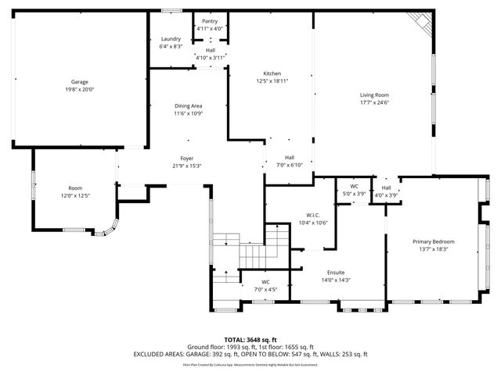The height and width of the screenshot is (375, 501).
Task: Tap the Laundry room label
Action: tap(171, 39)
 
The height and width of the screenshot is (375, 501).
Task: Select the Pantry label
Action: tap(210, 21)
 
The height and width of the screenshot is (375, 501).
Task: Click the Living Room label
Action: tap(374, 95)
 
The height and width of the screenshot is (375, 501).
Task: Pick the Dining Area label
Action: tap(188, 106)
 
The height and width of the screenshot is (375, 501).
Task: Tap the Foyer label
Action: tap(187, 158)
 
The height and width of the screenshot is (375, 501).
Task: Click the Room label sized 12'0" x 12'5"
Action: tap(75, 188)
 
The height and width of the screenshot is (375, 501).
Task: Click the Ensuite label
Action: tap(337, 273)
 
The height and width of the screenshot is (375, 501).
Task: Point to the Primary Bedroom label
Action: tap(434, 241)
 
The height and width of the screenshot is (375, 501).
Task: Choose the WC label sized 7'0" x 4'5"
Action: tap(266, 282)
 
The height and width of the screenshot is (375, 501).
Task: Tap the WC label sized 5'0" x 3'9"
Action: tap(354, 187)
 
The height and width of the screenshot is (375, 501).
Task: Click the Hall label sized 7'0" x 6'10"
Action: tap(290, 157)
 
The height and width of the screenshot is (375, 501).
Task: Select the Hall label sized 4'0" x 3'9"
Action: tap(387, 187)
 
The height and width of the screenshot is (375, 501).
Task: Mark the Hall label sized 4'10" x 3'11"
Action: tap(211, 50)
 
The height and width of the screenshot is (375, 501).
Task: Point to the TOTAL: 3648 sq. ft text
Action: tap(250, 339)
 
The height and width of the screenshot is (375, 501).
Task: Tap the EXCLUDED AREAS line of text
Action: tap(250, 354)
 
